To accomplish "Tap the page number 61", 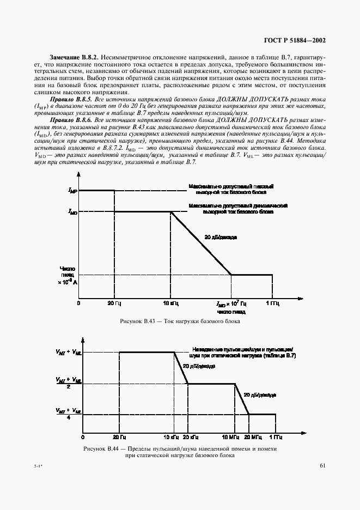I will point(322,465).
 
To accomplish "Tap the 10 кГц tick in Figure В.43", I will point(172,302).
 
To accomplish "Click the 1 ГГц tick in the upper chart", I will point(273,302).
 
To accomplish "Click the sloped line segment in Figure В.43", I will point(202,244).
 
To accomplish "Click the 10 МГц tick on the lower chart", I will point(234,437).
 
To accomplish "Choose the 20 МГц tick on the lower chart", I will point(252,437).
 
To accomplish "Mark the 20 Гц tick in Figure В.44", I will point(119,437).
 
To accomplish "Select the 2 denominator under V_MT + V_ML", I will point(68,387).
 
